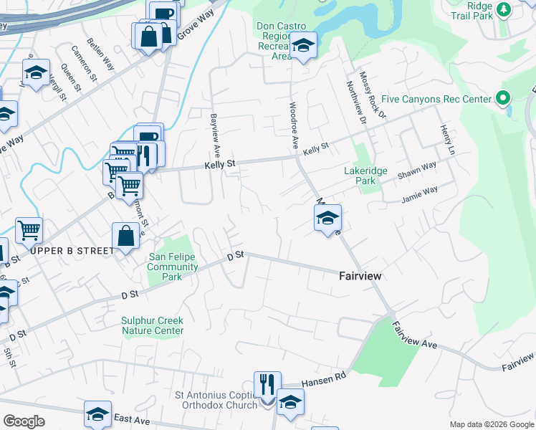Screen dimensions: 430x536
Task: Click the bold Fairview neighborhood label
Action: click(360, 276)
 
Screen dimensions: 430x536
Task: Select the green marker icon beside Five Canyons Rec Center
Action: click(503, 98)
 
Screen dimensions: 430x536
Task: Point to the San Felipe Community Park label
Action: click(173, 262)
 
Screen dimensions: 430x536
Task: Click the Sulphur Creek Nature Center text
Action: click(152, 325)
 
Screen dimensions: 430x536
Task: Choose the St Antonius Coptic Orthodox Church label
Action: click(216, 400)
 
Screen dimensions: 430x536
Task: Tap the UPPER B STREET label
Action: click(72, 251)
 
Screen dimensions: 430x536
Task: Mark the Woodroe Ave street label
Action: click(294, 125)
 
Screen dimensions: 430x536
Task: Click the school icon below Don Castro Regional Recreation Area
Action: click(304, 47)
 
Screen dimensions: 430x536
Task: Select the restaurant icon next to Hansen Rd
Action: click(267, 383)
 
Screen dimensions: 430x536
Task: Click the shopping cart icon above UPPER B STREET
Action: click(29, 231)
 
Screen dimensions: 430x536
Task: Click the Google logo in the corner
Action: click(24, 421)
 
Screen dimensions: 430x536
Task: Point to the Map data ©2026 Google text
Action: click(491, 424)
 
